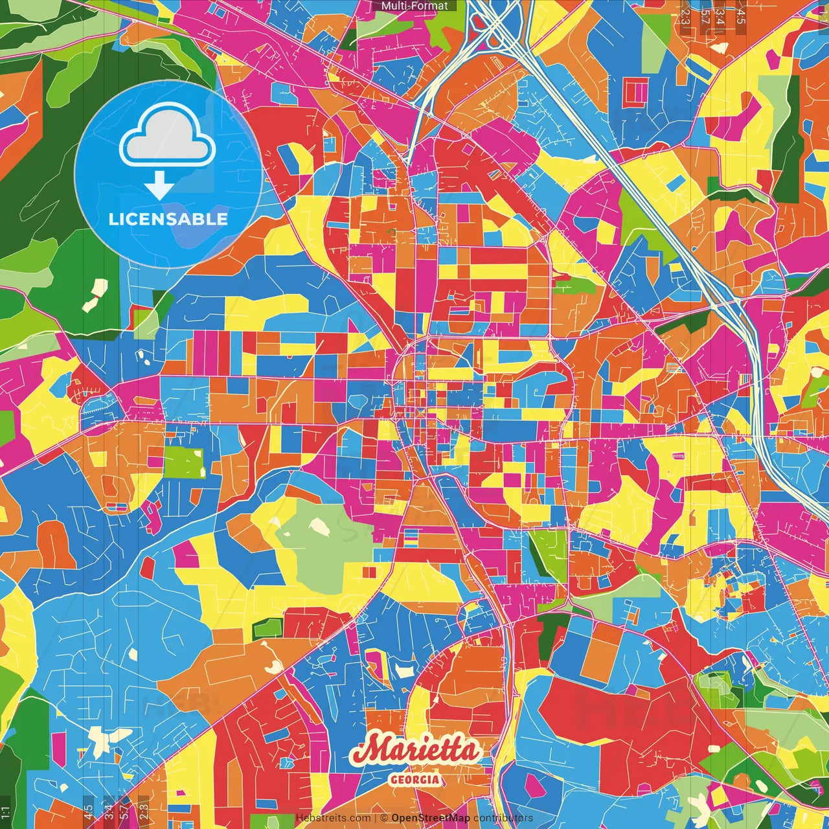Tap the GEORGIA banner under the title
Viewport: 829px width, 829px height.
414,779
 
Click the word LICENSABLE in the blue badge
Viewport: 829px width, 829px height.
168,219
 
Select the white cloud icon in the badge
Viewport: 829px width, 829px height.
167,137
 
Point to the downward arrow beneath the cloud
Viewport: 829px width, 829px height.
159,186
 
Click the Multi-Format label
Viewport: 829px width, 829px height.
414,6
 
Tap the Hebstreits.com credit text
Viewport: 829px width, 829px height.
333,818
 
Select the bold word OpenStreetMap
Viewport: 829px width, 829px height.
430,818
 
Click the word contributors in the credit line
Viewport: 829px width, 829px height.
503,818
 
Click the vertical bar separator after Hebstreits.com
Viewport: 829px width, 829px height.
376,818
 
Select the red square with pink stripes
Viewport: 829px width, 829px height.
635,93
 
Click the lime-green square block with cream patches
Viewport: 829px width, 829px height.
184,462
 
